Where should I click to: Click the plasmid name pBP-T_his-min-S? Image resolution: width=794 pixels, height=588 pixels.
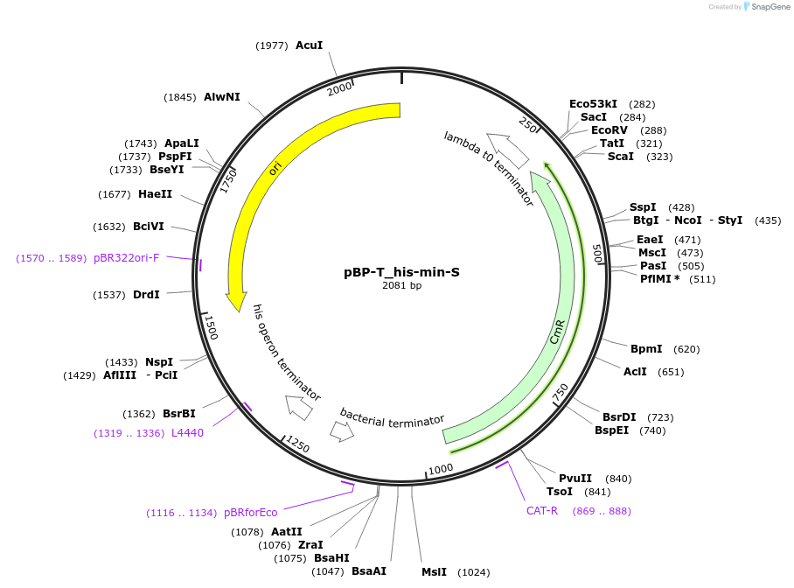tap(401, 272)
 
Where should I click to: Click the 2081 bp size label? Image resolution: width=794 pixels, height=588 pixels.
tap(401, 286)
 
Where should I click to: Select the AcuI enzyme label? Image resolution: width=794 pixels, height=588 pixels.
tap(309, 45)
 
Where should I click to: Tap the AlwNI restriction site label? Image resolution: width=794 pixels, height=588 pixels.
tap(221, 97)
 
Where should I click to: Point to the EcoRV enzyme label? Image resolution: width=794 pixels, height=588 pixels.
tap(609, 130)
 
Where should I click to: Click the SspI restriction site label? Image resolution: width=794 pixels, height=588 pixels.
tap(643, 207)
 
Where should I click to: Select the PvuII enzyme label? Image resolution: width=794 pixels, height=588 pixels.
tap(575, 479)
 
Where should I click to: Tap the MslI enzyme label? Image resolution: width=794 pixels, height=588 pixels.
tap(434, 572)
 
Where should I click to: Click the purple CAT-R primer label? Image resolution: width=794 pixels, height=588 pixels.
tap(541, 511)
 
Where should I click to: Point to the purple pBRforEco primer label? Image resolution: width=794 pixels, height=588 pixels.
tap(250, 513)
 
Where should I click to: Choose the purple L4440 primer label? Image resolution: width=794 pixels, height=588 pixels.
tap(187, 432)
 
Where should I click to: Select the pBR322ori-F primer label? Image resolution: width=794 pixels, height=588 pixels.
tap(126, 258)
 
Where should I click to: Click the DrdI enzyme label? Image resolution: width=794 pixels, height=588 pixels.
tap(146, 295)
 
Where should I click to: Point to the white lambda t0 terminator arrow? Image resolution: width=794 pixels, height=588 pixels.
tap(508, 150)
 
